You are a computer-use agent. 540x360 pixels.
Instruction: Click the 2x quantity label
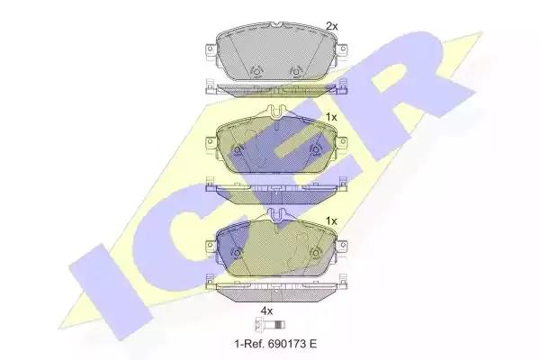(x=332, y=26)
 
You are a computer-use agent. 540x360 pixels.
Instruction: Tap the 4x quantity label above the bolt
(x=266, y=311)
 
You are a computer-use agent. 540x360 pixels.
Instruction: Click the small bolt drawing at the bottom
(x=270, y=325)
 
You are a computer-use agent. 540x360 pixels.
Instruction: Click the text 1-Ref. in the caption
(x=247, y=344)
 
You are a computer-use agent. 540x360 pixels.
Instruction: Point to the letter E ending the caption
(x=313, y=344)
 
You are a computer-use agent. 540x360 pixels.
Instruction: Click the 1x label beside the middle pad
(x=331, y=118)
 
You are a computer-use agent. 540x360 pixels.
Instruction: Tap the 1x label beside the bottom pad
(x=331, y=220)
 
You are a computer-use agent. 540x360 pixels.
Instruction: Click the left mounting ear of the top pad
(x=211, y=51)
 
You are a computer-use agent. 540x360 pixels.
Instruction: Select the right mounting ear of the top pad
(x=342, y=51)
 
